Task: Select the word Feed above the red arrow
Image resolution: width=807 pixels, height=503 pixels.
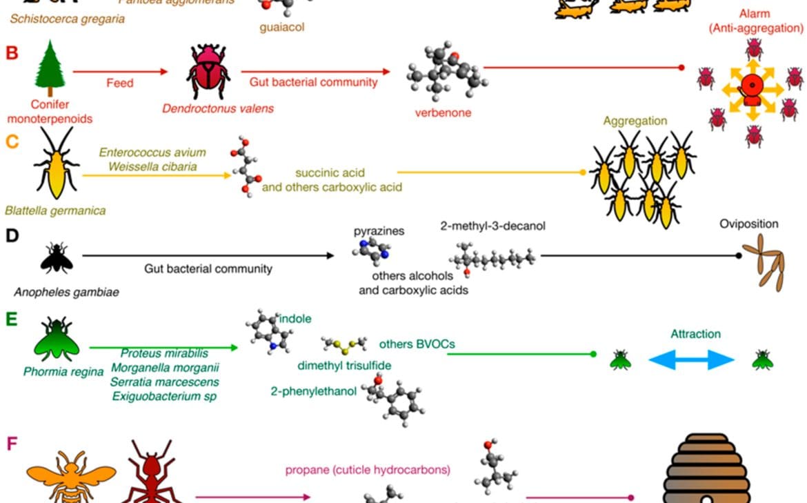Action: tap(119, 83)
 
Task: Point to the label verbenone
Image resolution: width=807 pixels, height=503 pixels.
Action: tap(443, 112)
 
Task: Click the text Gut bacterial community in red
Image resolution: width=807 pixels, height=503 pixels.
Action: tap(314, 82)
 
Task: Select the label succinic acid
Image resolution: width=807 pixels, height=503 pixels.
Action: tap(330, 172)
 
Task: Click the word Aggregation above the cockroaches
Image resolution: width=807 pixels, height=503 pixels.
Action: tap(635, 121)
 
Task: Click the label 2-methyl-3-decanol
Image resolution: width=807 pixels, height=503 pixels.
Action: tap(493, 226)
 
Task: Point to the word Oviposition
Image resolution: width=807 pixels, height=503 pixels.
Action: tap(748, 224)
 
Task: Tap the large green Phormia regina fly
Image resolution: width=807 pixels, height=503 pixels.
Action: tap(57, 338)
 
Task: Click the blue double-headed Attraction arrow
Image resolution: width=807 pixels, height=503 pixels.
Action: tap(691, 359)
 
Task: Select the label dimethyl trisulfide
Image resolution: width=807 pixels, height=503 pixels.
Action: tap(344, 366)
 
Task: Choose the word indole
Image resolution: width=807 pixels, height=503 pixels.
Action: tap(296, 319)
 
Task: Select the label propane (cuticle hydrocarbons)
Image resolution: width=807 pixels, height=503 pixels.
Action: tap(368, 470)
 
